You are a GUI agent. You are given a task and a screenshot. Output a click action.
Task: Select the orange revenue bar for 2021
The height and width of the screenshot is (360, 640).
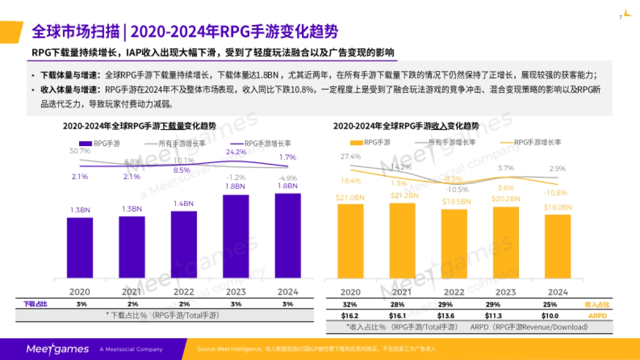coord(402,240)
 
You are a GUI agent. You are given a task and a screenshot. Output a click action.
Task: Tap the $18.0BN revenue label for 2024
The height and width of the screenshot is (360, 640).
coord(558,207)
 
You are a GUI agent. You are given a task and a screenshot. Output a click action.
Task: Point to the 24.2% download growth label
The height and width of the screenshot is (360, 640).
coord(236,152)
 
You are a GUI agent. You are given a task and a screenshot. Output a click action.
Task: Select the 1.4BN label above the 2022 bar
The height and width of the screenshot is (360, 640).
coord(183,204)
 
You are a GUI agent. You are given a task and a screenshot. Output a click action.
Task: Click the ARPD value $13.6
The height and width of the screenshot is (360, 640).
coord(454,315)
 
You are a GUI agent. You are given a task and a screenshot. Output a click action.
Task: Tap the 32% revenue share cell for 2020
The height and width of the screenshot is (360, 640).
coord(350,305)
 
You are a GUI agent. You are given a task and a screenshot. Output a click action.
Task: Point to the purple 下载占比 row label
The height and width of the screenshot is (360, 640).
coord(35,303)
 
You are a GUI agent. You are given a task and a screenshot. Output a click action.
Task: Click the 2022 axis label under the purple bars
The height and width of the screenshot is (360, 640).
coord(183,292)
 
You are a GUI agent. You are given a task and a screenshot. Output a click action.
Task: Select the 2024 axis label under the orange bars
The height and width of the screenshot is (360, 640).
coord(558,292)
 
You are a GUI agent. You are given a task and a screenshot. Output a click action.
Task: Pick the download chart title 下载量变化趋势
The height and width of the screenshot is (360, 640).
coord(139,126)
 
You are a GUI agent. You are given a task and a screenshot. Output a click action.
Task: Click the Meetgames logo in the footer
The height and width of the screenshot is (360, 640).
coord(58,349)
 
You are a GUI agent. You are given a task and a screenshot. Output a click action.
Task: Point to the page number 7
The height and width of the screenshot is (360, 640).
coord(620,18)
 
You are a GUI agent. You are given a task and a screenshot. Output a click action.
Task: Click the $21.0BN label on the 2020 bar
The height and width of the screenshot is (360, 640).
coord(350,198)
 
